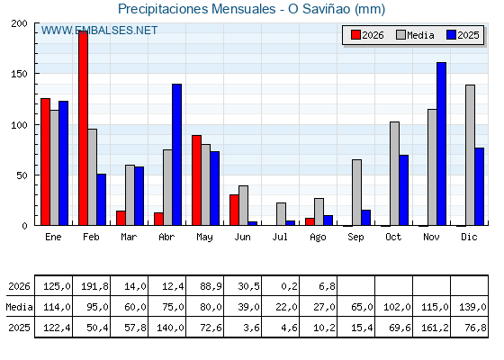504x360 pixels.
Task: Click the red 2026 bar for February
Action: click(83, 128)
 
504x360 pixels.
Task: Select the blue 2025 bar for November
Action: click(441, 144)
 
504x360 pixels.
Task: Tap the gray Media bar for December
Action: click(470, 155)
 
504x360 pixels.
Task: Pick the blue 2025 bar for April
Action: click(176, 155)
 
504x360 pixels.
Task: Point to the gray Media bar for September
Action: click(356, 193)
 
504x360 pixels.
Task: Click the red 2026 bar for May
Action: click(197, 180)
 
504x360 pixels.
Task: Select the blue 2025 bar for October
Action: click(404, 190)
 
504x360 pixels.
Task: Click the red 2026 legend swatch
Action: click(355, 35)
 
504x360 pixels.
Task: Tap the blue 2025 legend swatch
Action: click(451, 35)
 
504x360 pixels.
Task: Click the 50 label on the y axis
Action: click(22, 175)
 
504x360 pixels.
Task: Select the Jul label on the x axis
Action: click(280, 237)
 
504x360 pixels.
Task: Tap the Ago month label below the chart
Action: click(318, 238)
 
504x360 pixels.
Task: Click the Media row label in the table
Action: click(19, 307)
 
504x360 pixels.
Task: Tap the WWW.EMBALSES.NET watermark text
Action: click(99, 31)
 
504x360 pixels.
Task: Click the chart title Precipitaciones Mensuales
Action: click(197, 9)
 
